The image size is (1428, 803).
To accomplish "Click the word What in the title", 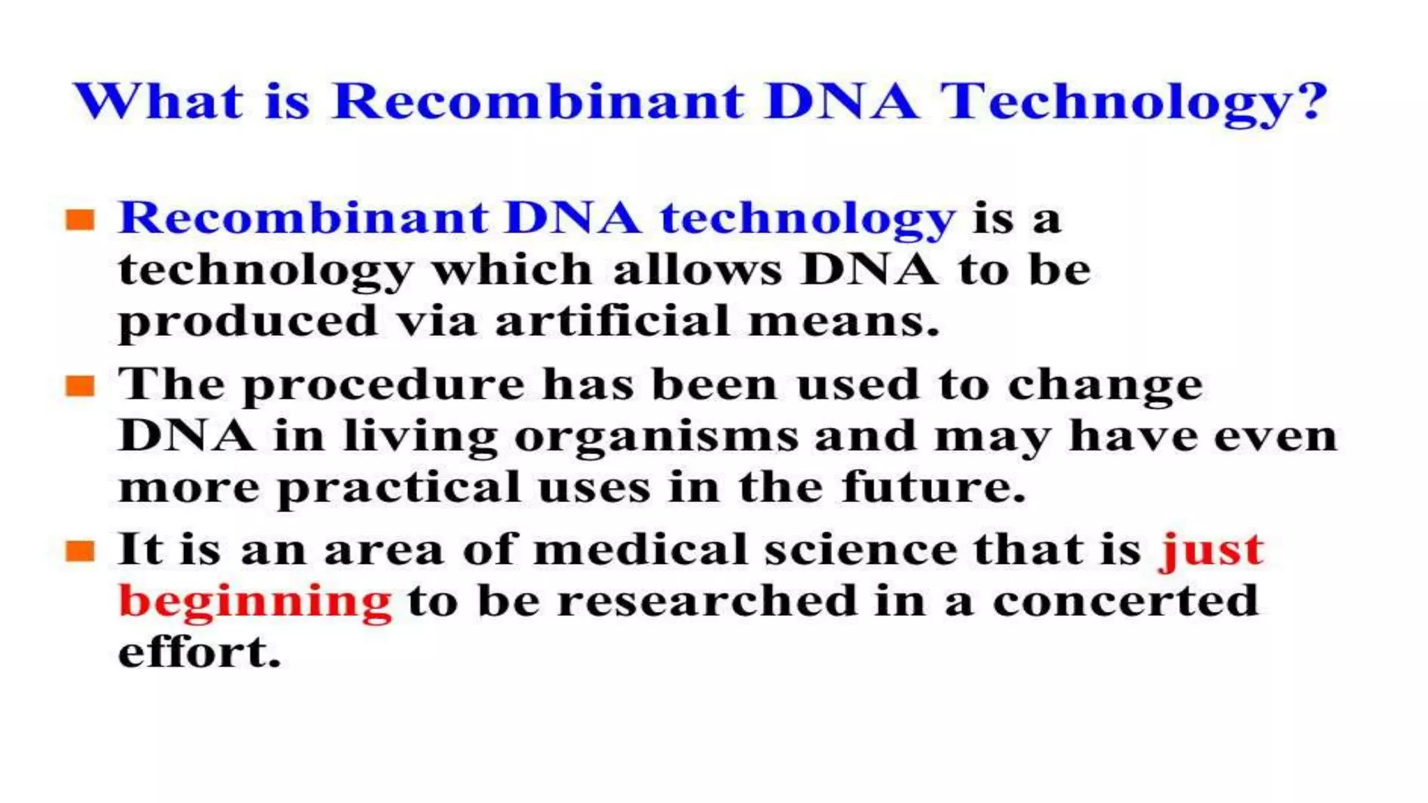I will click(158, 101).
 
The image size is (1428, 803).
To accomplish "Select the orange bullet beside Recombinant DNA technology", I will click(80, 220).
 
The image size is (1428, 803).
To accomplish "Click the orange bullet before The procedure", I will click(80, 385).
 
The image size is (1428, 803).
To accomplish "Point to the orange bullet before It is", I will click(80, 551).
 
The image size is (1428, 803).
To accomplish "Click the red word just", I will click(1210, 551).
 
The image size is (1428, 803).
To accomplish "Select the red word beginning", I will click(255, 602).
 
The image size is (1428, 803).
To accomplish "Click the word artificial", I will click(612, 322).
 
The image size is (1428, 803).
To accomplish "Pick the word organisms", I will click(656, 438).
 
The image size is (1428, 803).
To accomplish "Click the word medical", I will click(640, 550).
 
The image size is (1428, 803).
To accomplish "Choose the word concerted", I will click(1125, 601).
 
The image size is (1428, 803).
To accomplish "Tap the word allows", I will click(698, 270).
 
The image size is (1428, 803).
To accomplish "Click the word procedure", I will click(383, 385).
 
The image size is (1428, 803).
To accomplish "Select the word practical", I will click(400, 488).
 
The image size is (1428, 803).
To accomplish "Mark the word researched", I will click(707, 601).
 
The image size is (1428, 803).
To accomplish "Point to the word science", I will click(862, 550).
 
